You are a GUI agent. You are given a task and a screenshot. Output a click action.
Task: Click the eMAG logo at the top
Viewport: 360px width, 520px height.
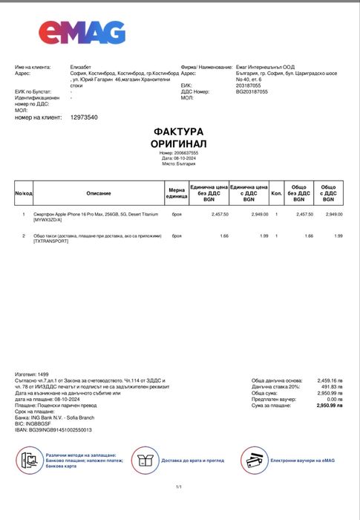point(82,32)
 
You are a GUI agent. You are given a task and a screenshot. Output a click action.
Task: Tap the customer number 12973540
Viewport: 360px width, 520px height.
point(84,117)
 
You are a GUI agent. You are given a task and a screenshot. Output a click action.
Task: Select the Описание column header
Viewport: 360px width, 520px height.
point(99,193)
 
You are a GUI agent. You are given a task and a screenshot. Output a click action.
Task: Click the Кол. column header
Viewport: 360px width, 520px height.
point(277,193)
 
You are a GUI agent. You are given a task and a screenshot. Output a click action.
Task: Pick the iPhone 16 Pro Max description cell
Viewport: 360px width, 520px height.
point(96,216)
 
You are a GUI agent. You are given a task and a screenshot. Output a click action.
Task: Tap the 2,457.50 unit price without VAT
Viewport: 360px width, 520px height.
point(220,214)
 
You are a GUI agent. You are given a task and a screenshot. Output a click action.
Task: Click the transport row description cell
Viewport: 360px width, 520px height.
point(96,238)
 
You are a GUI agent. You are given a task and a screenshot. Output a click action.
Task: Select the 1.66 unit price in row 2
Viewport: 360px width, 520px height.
point(224,235)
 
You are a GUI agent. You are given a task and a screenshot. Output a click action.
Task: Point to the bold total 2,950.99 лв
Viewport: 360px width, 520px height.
point(330,406)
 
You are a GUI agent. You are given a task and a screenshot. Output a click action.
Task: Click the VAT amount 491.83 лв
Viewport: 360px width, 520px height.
point(330,386)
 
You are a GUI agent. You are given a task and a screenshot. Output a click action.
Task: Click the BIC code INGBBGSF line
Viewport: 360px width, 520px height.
point(36,423)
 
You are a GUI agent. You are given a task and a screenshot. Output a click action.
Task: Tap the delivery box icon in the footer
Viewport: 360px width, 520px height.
point(145,461)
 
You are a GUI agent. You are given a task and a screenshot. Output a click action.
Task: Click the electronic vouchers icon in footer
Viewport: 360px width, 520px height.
point(254,461)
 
